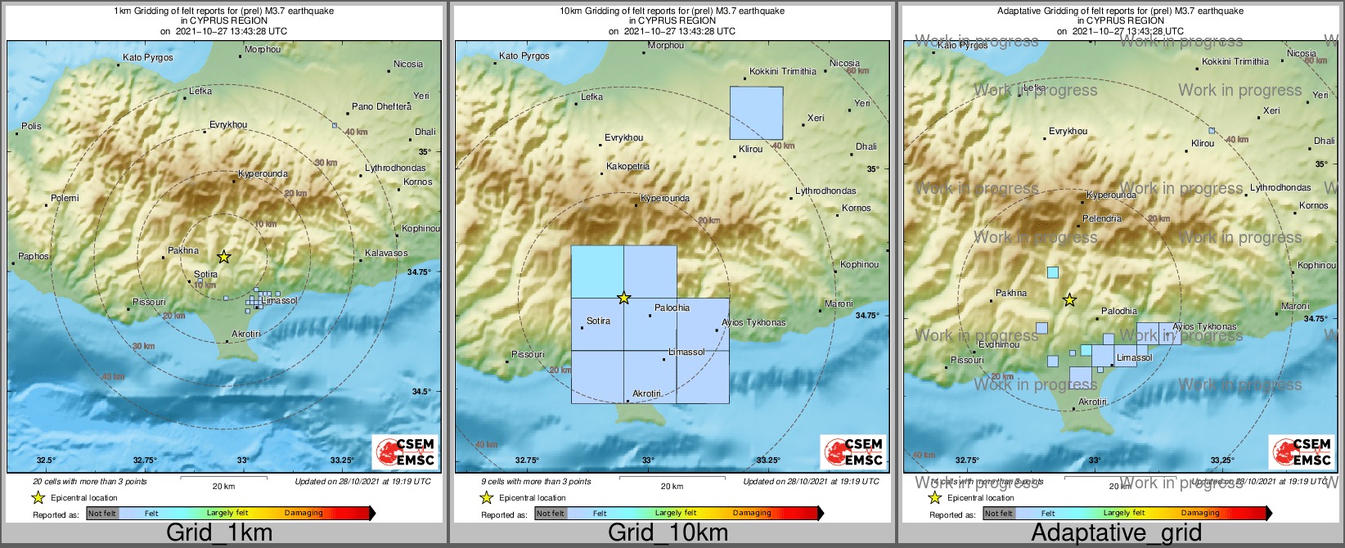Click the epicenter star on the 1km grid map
[223, 257]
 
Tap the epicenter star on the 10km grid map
[623, 298]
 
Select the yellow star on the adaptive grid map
[1069, 300]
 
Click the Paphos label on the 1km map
[34, 256]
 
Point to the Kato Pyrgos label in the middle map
[524, 56]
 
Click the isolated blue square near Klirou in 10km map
[756, 113]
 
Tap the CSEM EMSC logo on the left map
[405, 451]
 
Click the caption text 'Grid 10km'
[668, 533]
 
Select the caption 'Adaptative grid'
[1116, 533]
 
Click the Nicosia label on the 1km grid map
[408, 64]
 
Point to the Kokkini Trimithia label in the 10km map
[783, 71]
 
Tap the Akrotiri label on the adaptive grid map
[1092, 402]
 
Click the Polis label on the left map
[31, 126]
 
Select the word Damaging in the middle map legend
[752, 513]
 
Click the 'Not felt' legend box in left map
[102, 513]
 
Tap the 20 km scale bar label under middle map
[672, 486]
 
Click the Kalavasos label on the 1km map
[386, 253]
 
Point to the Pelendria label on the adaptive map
[1102, 218]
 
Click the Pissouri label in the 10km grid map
[528, 354]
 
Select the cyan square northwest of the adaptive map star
[1053, 272]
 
